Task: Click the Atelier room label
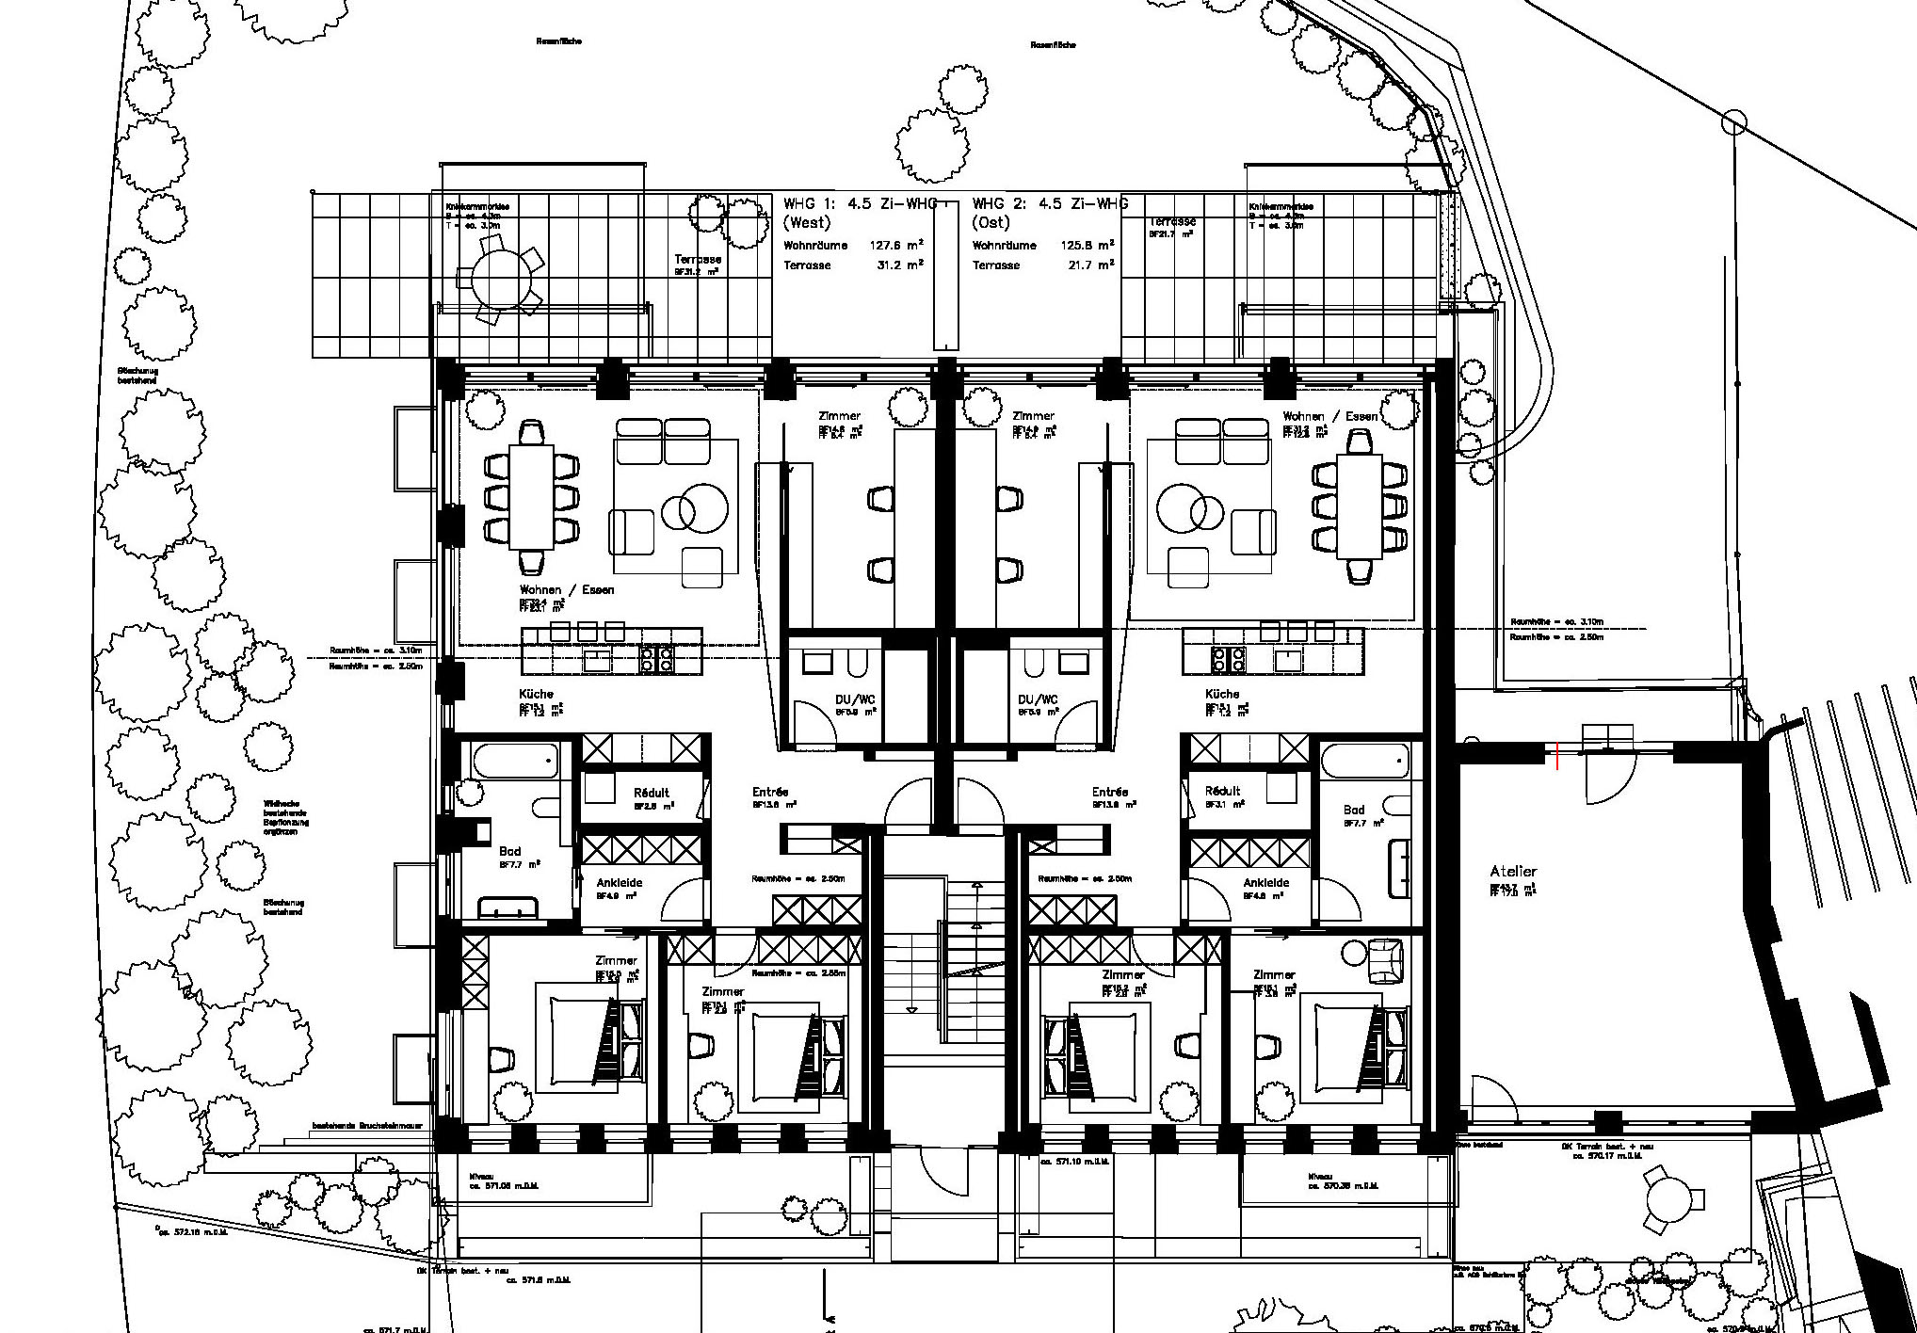tap(1512, 873)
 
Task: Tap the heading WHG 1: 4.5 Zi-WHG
tap(861, 203)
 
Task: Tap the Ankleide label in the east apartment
tap(1265, 883)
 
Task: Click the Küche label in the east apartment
tap(1221, 694)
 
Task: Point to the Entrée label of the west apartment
tap(769, 792)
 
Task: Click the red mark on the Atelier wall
tap(1557, 756)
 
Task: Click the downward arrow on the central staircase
tap(911, 1009)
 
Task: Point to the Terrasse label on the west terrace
tap(697, 259)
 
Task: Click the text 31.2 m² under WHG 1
tap(899, 265)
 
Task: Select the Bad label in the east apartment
tap(1354, 810)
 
